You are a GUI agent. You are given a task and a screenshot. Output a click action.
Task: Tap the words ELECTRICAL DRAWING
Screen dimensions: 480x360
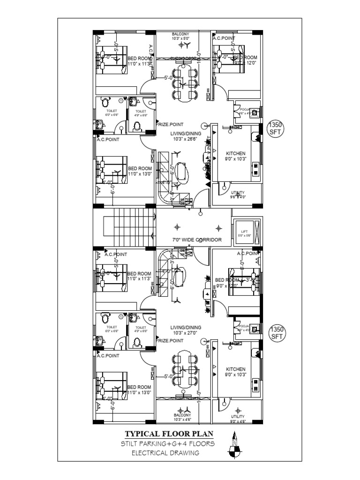[x=165, y=453]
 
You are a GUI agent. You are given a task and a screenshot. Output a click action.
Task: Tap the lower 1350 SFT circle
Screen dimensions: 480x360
[x=277, y=333]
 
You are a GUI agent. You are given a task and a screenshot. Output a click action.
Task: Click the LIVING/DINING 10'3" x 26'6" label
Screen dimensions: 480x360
[x=186, y=136]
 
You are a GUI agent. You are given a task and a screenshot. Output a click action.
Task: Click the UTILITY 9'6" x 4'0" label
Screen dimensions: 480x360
[x=237, y=195]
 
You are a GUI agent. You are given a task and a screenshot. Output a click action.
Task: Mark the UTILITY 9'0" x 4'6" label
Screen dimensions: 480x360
[x=237, y=419]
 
